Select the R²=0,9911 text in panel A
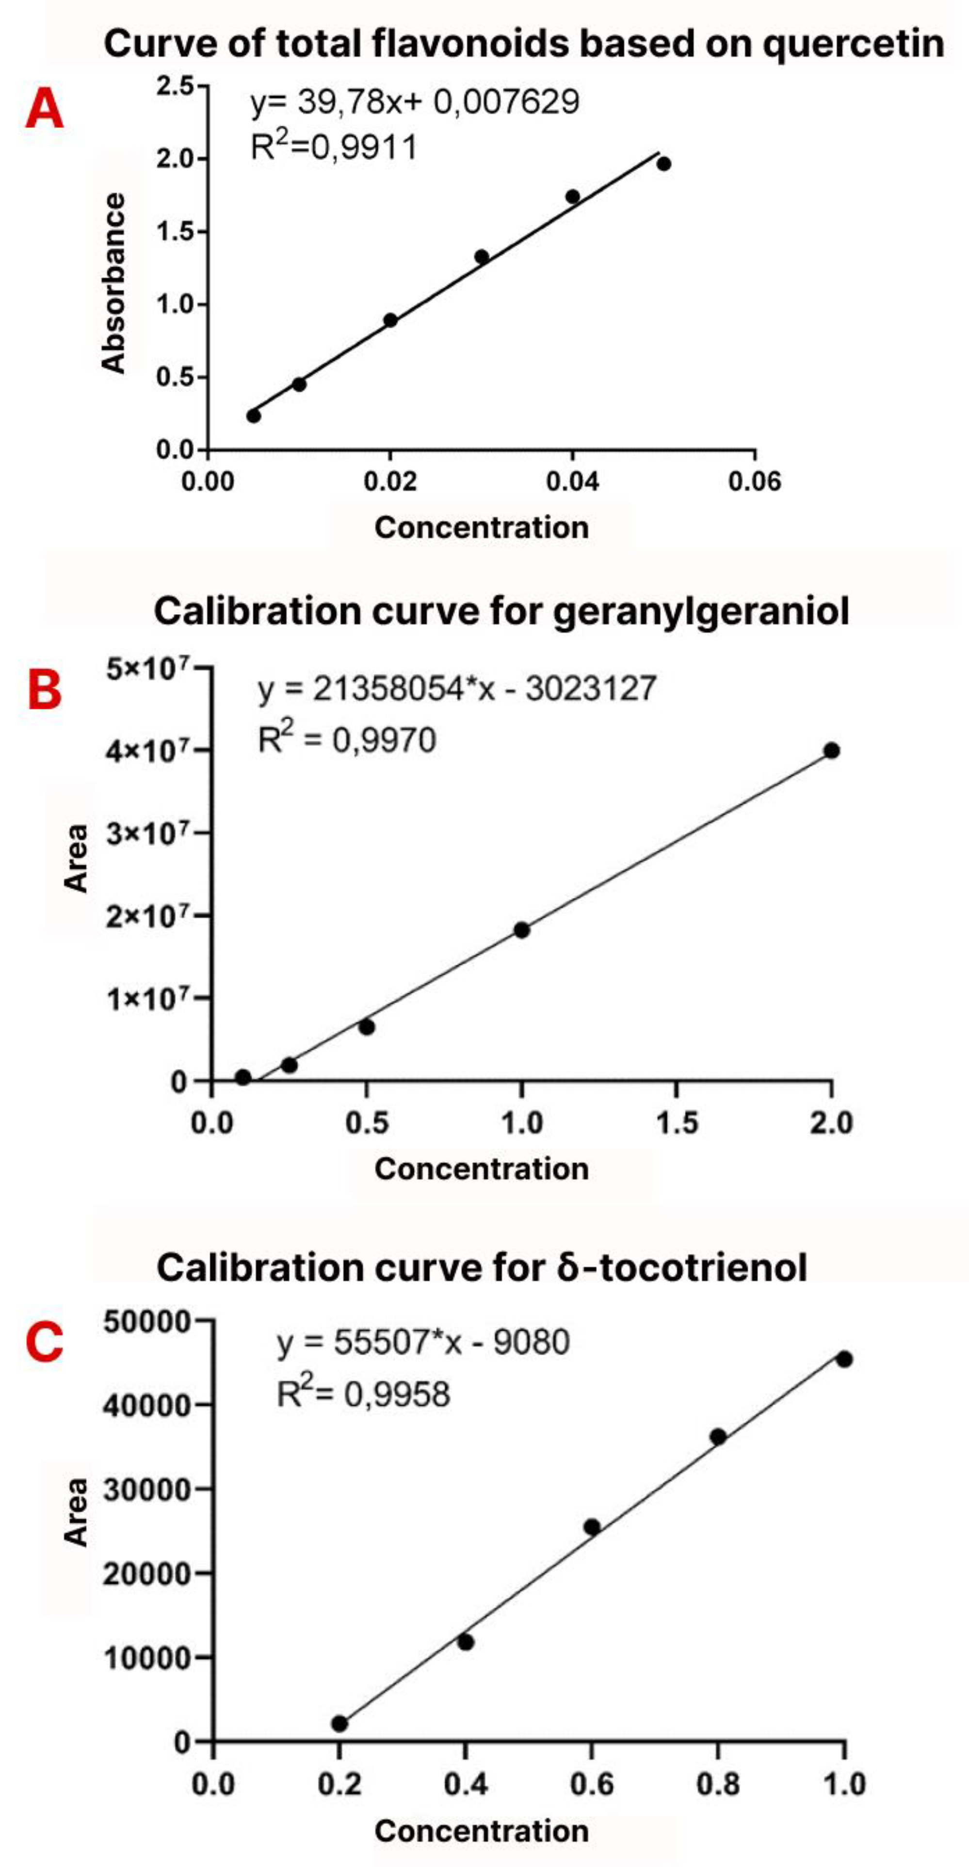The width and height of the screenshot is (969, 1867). (x=333, y=147)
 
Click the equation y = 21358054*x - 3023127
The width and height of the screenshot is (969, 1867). (x=456, y=688)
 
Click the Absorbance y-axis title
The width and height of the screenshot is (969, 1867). (x=114, y=283)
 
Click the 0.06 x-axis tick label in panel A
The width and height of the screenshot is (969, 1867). (x=755, y=481)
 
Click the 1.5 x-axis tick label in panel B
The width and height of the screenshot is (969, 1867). (x=676, y=1124)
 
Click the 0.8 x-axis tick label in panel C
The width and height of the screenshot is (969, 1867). (x=717, y=1785)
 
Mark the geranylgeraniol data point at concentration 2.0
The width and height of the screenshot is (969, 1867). (x=831, y=750)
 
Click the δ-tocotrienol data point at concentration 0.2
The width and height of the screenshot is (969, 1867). (x=339, y=1723)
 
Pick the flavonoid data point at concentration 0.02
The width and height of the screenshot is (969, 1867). (x=390, y=320)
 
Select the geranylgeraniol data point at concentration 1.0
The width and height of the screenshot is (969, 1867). (x=521, y=930)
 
